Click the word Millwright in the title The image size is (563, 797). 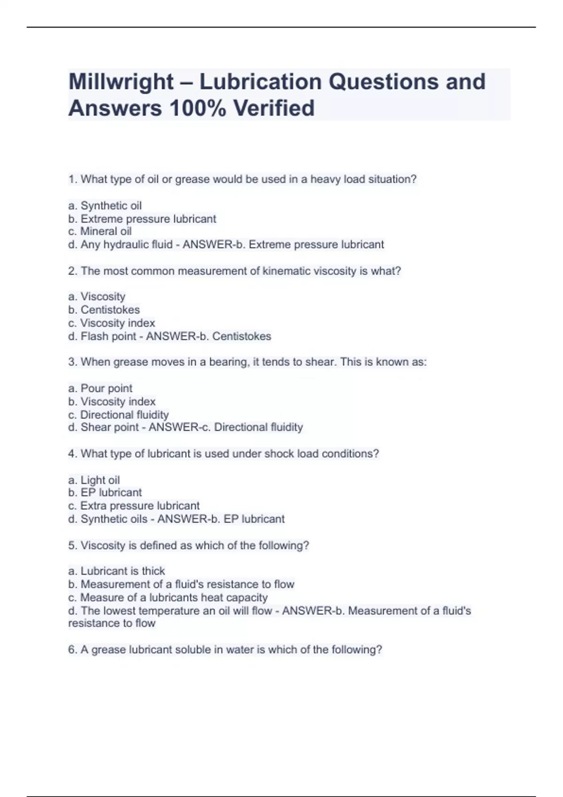tap(121, 82)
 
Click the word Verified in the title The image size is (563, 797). tap(274, 108)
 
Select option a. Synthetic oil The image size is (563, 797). tap(105, 206)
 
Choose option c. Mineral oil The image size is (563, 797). tap(100, 232)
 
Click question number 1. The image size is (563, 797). tap(73, 180)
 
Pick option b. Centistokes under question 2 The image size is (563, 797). tap(104, 310)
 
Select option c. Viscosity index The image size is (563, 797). tap(112, 323)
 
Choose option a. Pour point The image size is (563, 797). tap(100, 388)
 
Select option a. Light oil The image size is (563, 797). tap(94, 480)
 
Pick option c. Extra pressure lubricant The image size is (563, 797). tap(134, 506)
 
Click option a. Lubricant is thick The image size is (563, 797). tap(117, 571)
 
